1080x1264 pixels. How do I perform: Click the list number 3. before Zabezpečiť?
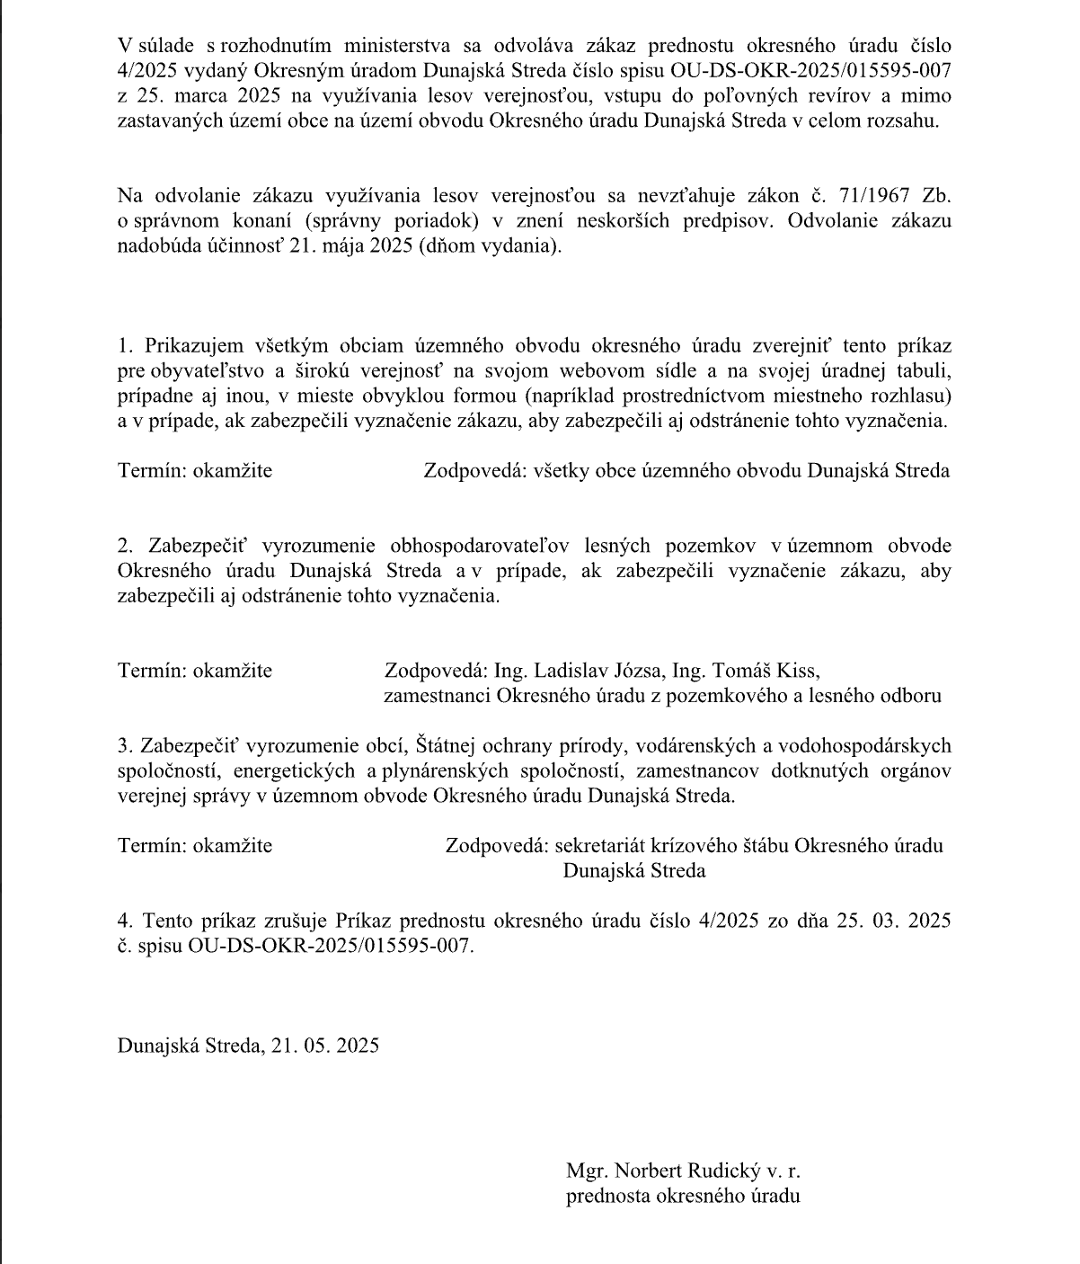[124, 746]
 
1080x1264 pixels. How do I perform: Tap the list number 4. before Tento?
[125, 921]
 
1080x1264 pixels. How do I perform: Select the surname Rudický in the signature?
[724, 1171]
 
